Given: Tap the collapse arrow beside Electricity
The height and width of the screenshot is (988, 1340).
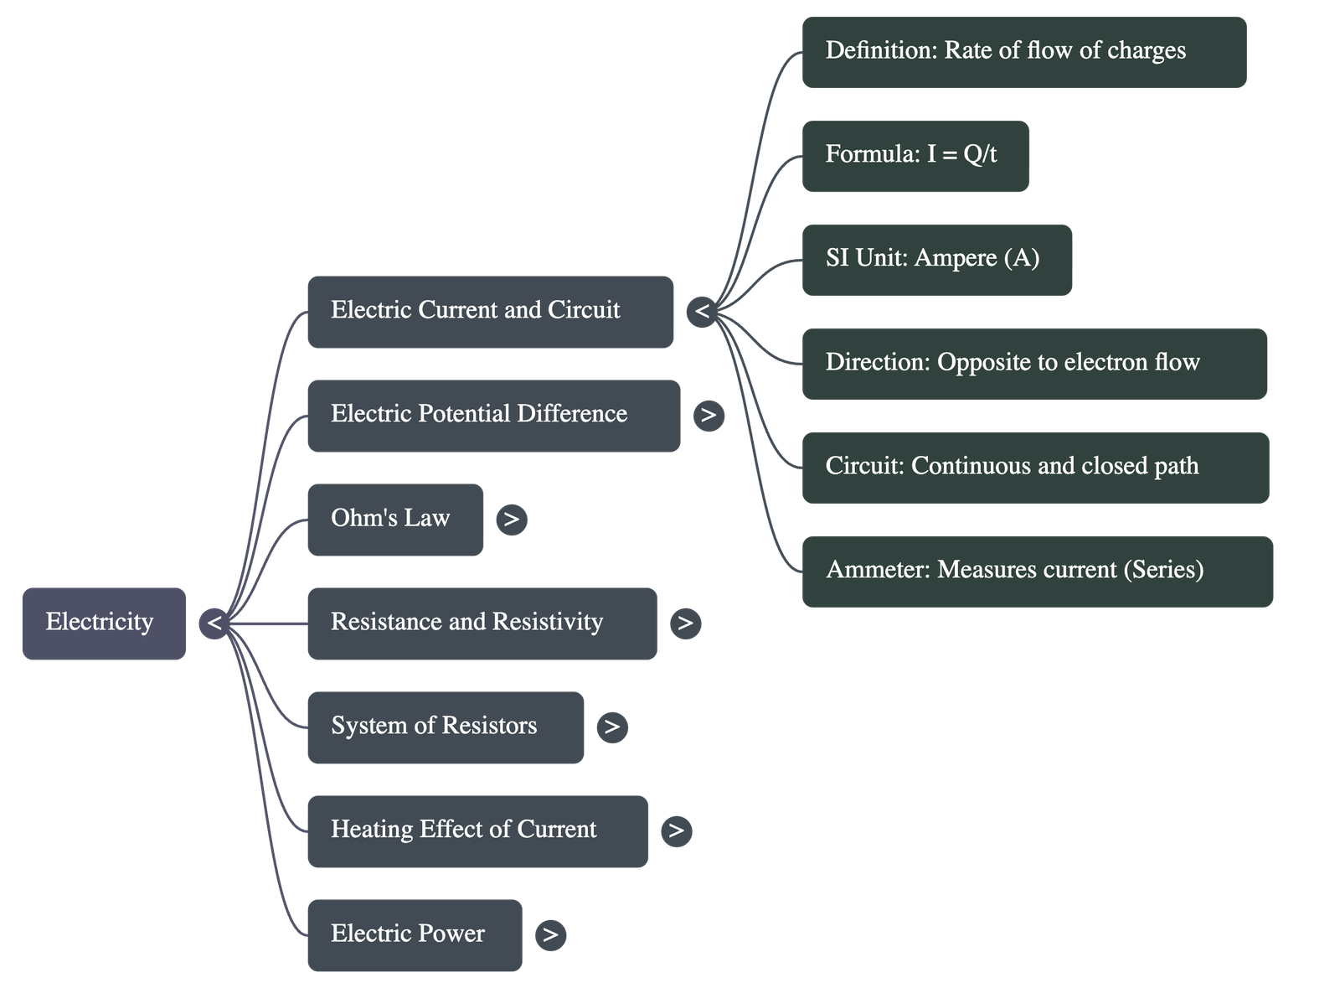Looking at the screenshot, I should tap(214, 623).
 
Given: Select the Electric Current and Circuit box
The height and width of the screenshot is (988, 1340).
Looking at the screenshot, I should tap(490, 311).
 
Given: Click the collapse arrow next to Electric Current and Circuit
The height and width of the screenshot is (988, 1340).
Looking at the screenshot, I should tap(702, 312).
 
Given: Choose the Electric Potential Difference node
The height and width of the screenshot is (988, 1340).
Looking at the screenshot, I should tap(493, 415).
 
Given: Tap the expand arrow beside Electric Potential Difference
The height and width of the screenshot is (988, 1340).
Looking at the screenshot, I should tap(709, 415).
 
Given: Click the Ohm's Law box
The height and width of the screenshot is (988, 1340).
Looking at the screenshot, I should tap(394, 519).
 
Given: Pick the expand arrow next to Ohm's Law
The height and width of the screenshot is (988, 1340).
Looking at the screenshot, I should tap(512, 520).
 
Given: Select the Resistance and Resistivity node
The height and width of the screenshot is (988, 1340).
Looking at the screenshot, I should tap(482, 623).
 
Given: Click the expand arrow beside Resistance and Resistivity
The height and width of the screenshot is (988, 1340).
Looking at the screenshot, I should tap(685, 623).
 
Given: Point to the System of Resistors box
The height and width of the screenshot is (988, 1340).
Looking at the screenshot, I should tap(445, 727).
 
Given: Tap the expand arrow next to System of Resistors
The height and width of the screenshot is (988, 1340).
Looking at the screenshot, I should tap(612, 727).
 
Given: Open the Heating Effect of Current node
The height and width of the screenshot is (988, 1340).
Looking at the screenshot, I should tap(477, 830).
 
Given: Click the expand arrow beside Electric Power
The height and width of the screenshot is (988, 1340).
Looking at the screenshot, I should tap(550, 934).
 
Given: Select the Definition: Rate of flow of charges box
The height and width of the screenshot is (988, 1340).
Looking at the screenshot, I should tap(1023, 51).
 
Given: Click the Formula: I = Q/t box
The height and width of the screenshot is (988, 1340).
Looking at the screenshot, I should tap(915, 155).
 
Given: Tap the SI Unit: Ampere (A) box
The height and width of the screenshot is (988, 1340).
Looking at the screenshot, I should tap(936, 259).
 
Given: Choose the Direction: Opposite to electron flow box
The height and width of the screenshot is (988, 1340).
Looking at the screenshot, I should tap(1034, 363).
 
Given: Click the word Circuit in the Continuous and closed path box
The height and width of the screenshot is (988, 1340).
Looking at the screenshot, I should tap(862, 466).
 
